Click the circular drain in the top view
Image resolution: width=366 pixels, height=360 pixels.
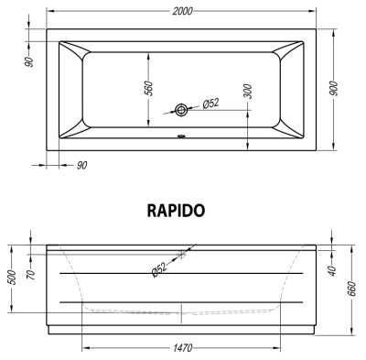click(182, 111)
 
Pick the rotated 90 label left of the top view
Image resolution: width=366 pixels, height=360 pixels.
click(29, 60)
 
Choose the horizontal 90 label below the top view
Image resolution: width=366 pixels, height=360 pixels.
click(81, 165)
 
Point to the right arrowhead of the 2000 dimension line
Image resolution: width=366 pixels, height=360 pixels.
click(321, 10)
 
